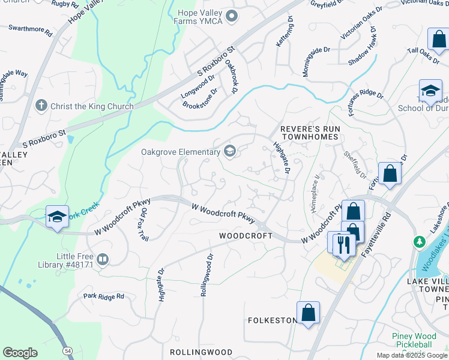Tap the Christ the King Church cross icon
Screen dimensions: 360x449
click(x=41, y=106)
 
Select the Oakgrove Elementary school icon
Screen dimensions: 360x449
click(x=229, y=151)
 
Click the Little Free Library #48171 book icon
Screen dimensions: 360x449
click(x=103, y=259)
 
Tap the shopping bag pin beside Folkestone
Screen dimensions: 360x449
click(x=308, y=313)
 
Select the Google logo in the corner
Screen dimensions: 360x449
click(x=20, y=353)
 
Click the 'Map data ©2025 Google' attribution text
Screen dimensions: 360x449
click(x=411, y=355)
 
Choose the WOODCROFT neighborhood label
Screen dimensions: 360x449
click(x=246, y=236)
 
